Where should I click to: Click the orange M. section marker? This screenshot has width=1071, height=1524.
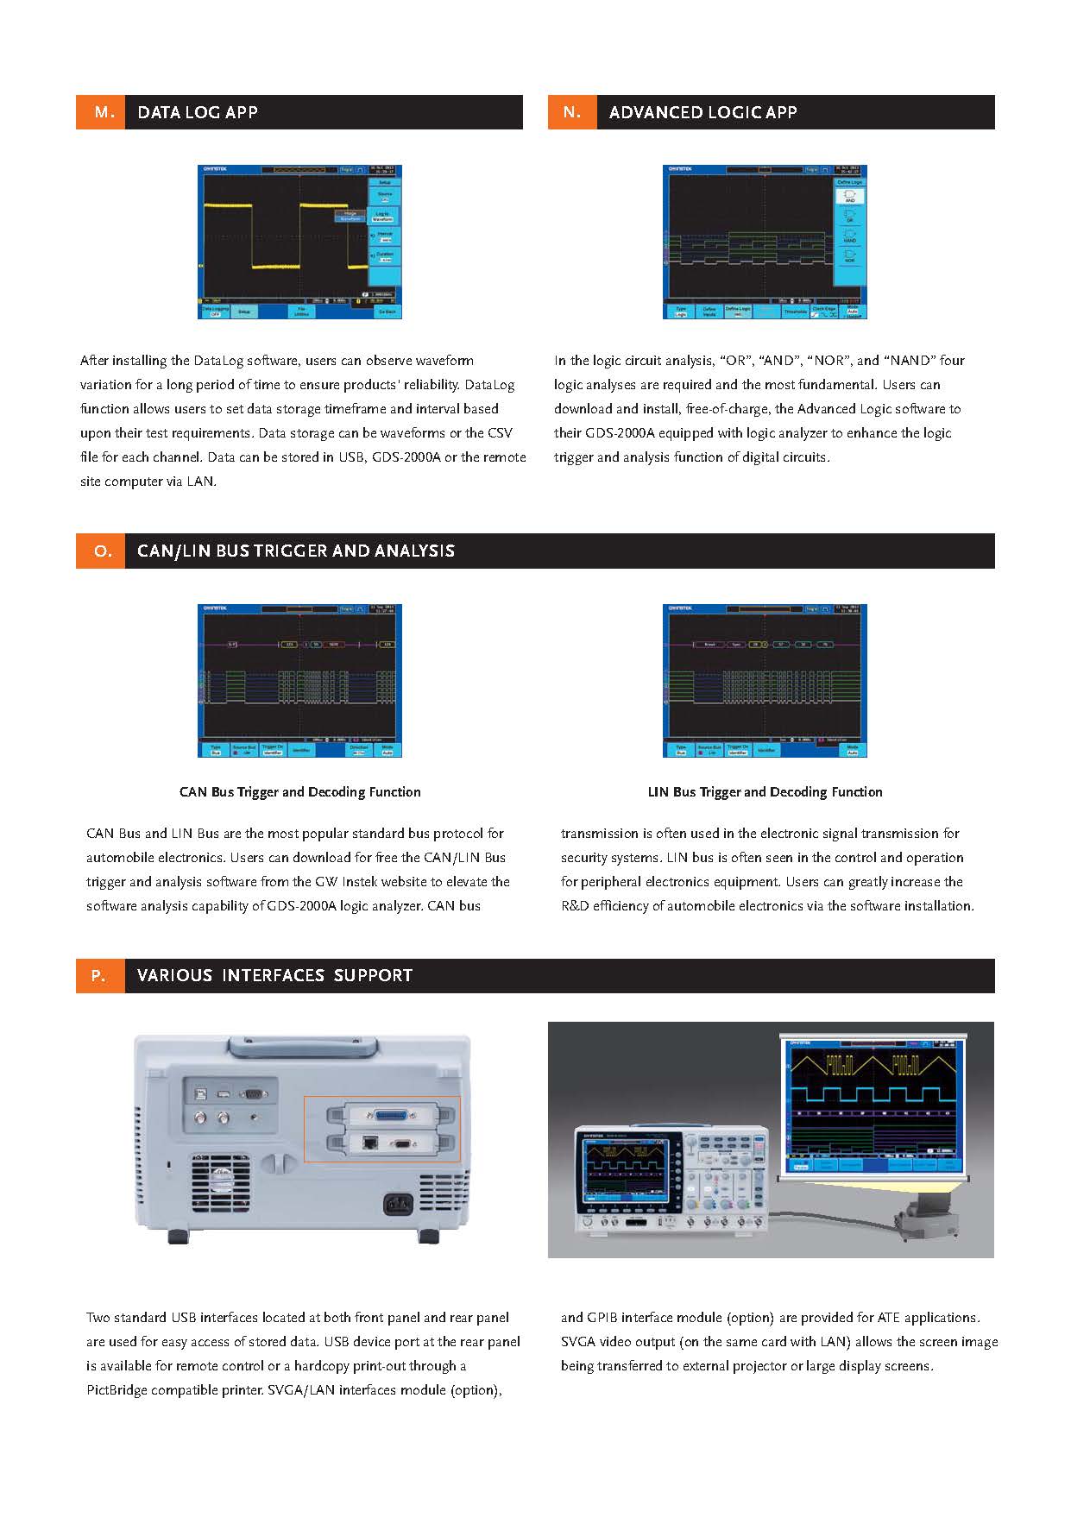click(101, 112)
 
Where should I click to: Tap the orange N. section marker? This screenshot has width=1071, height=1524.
click(572, 112)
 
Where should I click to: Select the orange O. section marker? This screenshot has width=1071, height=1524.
click(101, 551)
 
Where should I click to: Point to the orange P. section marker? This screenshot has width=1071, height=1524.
click(100, 976)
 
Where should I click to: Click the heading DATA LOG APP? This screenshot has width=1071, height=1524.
click(198, 112)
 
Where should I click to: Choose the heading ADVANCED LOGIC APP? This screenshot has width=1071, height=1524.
click(702, 112)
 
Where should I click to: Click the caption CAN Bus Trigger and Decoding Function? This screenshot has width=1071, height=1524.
click(299, 792)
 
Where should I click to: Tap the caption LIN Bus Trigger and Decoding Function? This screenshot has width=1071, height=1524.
click(765, 792)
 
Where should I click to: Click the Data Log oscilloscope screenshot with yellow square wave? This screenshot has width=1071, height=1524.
click(299, 242)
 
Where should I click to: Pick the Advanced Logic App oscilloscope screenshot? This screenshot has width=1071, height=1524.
click(765, 242)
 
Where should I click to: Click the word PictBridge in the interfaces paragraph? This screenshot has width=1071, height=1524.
click(117, 1390)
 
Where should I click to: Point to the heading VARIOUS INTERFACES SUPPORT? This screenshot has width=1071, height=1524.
click(274, 976)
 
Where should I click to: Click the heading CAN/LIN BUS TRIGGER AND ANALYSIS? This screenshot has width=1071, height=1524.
click(295, 551)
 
